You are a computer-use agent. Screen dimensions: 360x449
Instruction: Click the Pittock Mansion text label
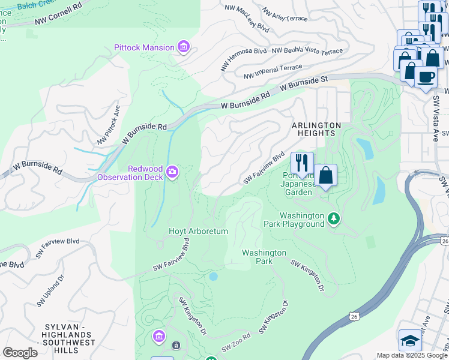coord(145,47)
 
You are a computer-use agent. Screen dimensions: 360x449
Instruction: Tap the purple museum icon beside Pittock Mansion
coord(184,47)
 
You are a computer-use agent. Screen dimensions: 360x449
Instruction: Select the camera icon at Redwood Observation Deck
coord(172,173)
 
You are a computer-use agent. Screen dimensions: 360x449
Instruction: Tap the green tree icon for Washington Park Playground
coord(334,220)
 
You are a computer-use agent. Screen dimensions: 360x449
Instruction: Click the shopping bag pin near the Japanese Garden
coord(325,176)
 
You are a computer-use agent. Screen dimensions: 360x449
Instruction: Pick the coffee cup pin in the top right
coord(426,77)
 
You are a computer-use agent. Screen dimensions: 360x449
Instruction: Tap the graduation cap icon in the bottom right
coord(410,340)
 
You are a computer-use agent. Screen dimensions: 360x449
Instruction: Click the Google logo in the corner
coord(20,353)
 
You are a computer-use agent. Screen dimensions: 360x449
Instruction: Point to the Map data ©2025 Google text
coord(412,355)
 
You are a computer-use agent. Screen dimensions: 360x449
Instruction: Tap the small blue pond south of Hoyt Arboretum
coord(212,276)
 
